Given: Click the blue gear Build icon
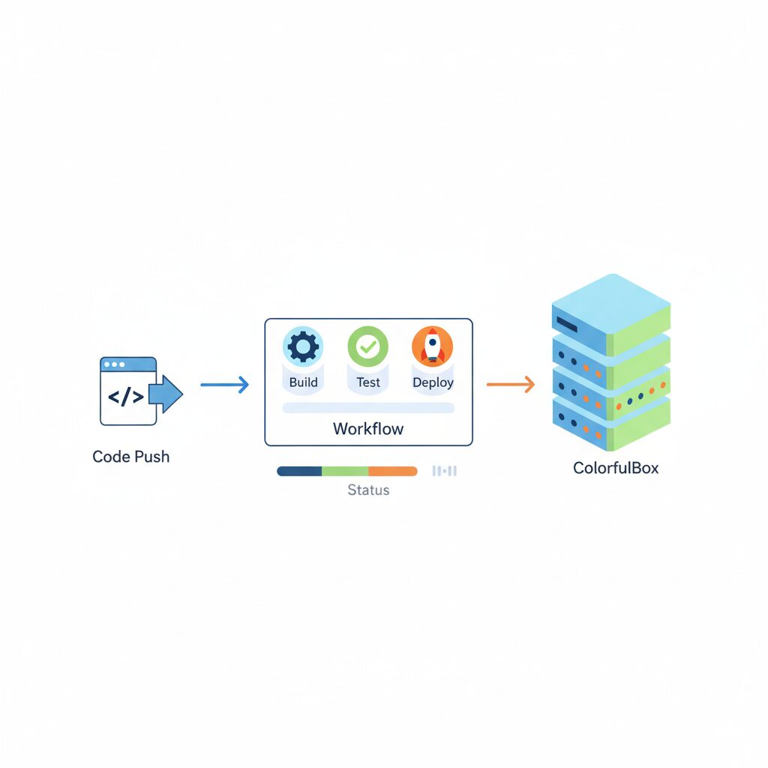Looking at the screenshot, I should (x=303, y=346).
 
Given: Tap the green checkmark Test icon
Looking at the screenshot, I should (x=368, y=346).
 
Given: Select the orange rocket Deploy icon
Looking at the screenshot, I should (x=433, y=346).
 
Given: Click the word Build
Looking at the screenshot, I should (x=303, y=382).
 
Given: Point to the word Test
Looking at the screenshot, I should (x=368, y=382).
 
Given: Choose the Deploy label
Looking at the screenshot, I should (x=433, y=382).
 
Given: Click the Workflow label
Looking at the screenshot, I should (x=368, y=429).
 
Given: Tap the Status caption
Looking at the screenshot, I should (x=368, y=490).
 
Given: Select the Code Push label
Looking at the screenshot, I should (x=131, y=456).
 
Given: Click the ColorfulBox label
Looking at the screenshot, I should (x=616, y=468).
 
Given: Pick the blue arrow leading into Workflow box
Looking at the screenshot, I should (x=224, y=385).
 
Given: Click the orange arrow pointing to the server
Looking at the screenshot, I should (x=511, y=385).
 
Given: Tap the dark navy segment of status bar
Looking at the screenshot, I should (x=299, y=471).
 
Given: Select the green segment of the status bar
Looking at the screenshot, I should (x=345, y=471).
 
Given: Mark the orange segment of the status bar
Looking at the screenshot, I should (x=393, y=471).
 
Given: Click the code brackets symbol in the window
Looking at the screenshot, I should (x=126, y=397).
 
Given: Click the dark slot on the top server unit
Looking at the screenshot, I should (x=565, y=325).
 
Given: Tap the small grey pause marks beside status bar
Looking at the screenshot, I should (x=445, y=471).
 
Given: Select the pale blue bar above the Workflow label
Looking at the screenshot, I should (x=368, y=407).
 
